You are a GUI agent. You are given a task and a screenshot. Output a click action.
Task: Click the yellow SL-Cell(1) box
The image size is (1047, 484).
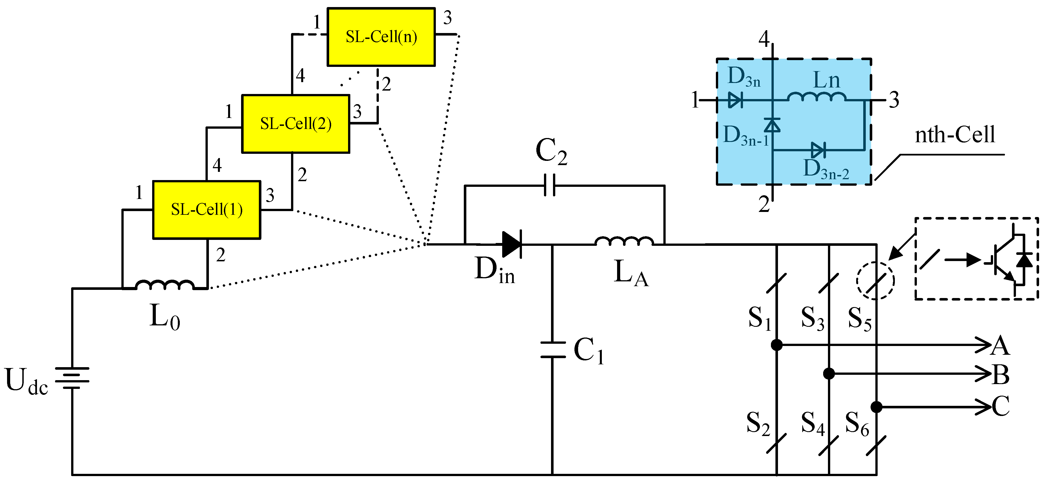click(206, 210)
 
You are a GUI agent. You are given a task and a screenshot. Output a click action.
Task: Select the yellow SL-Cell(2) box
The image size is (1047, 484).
click(296, 124)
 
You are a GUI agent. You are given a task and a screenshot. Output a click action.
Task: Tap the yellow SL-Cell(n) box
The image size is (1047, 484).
click(381, 37)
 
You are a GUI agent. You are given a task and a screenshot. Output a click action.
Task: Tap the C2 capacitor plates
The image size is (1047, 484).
click(550, 185)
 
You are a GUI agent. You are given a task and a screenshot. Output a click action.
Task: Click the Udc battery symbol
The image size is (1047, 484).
click(72, 378)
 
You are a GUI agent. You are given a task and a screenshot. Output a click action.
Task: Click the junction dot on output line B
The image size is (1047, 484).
click(829, 373)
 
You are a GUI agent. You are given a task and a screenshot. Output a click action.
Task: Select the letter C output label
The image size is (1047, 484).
click(1001, 406)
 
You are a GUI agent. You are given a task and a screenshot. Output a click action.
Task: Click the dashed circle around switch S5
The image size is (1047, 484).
click(875, 281)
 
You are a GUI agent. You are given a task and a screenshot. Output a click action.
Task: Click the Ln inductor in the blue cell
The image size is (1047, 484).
click(817, 97)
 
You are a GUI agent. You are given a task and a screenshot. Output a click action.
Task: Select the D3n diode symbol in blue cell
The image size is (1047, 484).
click(735, 100)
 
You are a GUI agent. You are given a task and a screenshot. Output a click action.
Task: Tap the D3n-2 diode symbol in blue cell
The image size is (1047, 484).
click(818, 150)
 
